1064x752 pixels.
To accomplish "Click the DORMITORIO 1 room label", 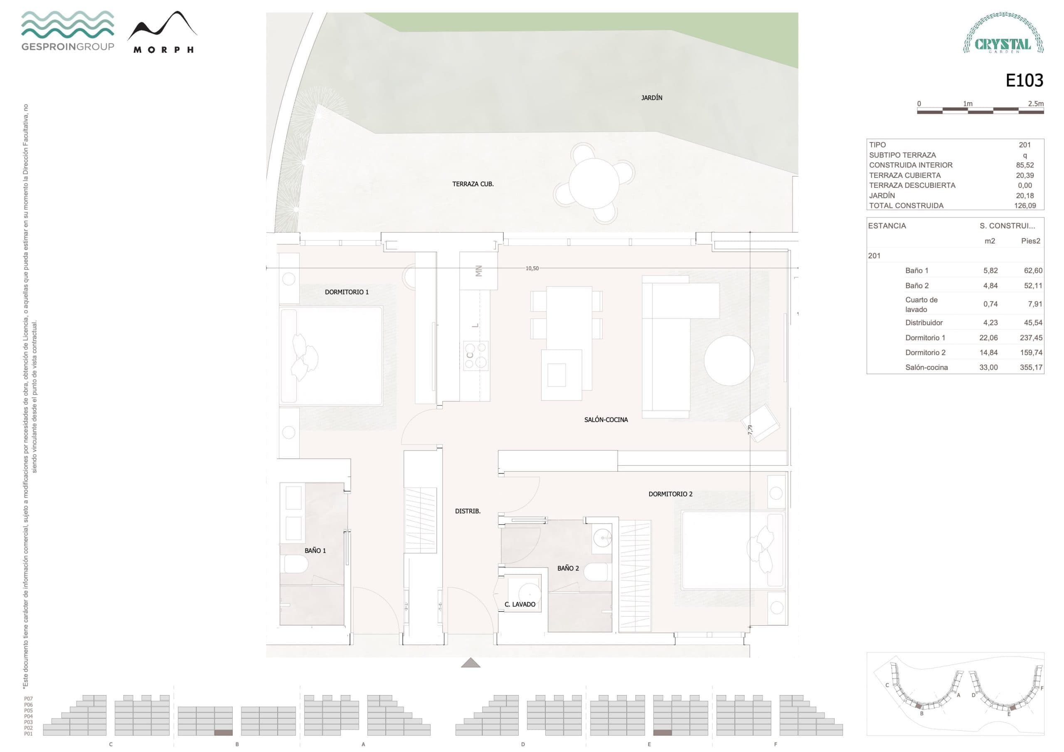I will click(347, 292).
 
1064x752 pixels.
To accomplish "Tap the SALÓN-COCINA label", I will click(606, 420).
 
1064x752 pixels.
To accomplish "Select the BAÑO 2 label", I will click(568, 568).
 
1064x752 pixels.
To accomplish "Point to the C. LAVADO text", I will click(520, 604).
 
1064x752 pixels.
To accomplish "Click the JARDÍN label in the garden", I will click(652, 98).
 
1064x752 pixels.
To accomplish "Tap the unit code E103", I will click(1024, 81).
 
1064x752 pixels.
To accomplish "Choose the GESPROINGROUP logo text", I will click(68, 47).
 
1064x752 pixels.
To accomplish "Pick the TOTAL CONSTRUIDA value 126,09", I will click(1025, 206).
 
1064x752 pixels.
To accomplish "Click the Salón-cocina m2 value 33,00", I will click(988, 367).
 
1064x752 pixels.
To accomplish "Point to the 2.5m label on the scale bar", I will click(1035, 104).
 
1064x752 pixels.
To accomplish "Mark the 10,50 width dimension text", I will click(532, 268).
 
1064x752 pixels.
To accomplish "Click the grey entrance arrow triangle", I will click(470, 663).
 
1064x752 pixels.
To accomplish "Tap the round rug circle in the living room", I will click(729, 361).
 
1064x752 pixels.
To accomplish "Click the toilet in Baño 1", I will click(295, 564).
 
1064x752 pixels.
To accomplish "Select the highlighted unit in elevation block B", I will click(223, 732).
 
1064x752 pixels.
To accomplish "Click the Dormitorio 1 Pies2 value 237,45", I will click(1031, 338).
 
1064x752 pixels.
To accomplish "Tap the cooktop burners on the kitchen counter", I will click(476, 355).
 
